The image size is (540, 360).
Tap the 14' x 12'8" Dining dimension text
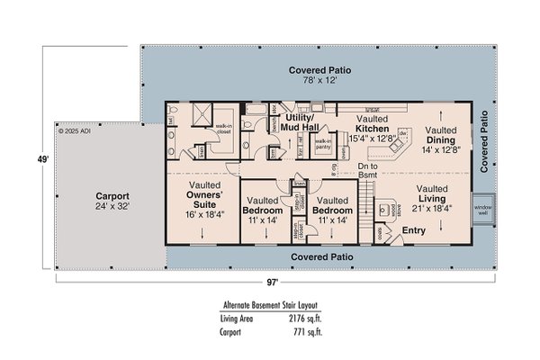coord(440,149)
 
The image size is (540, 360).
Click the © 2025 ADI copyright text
coord(76,130)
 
